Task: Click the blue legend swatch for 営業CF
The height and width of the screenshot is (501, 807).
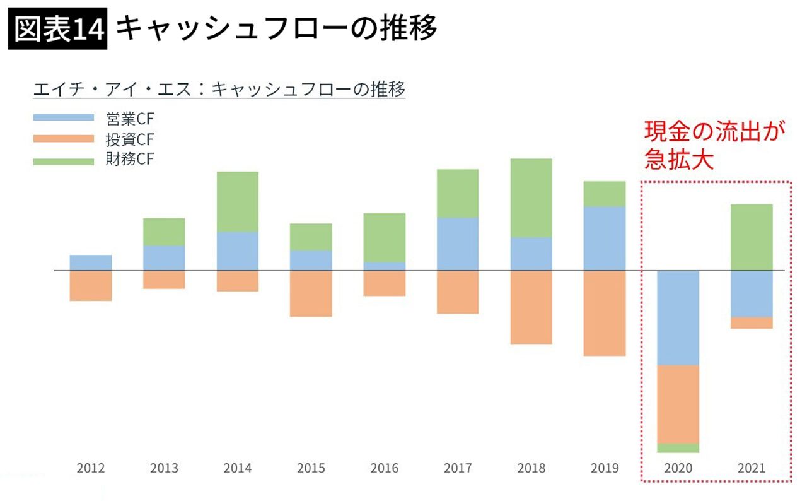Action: (63, 117)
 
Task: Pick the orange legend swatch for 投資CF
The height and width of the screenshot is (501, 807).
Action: (63, 139)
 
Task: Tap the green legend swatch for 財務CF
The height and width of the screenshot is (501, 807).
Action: (63, 160)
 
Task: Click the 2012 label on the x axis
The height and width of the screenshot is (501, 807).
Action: (91, 468)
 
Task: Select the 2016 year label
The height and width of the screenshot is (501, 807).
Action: (385, 468)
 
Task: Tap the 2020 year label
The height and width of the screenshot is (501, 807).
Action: (678, 468)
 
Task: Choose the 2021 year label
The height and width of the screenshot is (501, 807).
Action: (752, 468)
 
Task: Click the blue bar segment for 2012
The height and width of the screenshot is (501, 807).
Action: (91, 262)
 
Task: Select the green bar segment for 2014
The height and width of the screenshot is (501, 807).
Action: (238, 202)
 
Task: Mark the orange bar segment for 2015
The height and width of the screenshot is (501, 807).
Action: (311, 293)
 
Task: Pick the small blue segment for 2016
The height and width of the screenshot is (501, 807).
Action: (385, 266)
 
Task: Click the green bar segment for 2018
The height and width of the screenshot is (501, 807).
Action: (531, 197)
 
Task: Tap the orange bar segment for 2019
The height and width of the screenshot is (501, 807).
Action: (605, 313)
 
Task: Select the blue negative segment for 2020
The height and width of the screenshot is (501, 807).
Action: (678, 318)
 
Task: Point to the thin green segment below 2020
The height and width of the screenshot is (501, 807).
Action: (678, 448)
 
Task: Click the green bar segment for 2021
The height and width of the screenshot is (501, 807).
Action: (752, 237)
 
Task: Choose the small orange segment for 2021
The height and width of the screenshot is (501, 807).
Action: (752, 322)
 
